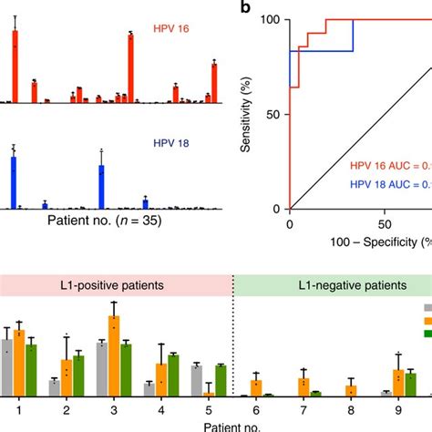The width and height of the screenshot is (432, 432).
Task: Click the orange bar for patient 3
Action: click(113, 355)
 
